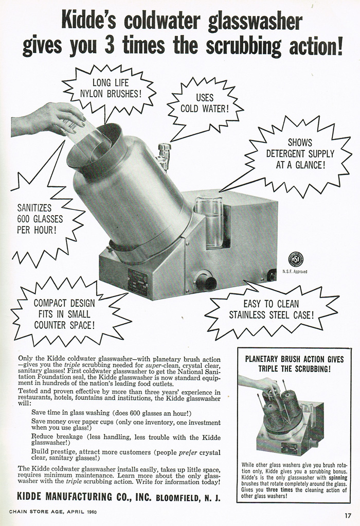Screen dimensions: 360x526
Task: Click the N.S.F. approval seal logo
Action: (x=296, y=260)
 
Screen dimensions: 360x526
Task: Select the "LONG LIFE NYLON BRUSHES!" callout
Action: (x=111, y=89)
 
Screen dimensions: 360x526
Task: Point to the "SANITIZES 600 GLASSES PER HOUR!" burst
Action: (x=40, y=219)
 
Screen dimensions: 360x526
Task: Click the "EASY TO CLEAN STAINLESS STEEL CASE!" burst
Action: (x=271, y=309)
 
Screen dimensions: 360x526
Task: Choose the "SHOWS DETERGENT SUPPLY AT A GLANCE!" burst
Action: (x=300, y=154)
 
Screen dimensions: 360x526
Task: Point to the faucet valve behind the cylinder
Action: (x=164, y=154)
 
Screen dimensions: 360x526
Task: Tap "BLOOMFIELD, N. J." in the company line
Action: (x=188, y=498)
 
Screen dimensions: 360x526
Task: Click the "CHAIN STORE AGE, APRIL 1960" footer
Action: (x=52, y=512)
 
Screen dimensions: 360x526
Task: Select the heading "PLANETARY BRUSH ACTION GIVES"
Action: (x=294, y=359)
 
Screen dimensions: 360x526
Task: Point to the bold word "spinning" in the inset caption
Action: (x=338, y=477)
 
